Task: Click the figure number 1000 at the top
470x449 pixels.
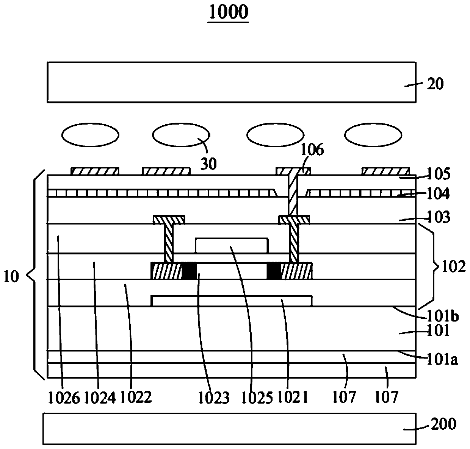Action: coord(228,12)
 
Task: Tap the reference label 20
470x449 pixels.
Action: coord(435,84)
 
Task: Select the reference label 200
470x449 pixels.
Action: coord(443,424)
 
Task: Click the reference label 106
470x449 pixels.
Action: coord(312,151)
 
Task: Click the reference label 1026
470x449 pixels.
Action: coord(64,397)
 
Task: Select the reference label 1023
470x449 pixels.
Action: coord(214,398)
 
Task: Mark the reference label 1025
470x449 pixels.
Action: coord(257,398)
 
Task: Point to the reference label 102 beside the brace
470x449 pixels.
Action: coord(453,267)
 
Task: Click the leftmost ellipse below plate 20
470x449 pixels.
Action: coord(91,135)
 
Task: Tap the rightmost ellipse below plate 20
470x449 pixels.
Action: coord(373,135)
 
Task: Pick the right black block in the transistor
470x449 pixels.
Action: coord(274,271)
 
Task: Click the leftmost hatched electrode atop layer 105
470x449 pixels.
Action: coord(95,171)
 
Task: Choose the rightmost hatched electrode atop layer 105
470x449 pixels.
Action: coord(385,171)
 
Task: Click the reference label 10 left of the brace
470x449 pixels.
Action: coord(11,277)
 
